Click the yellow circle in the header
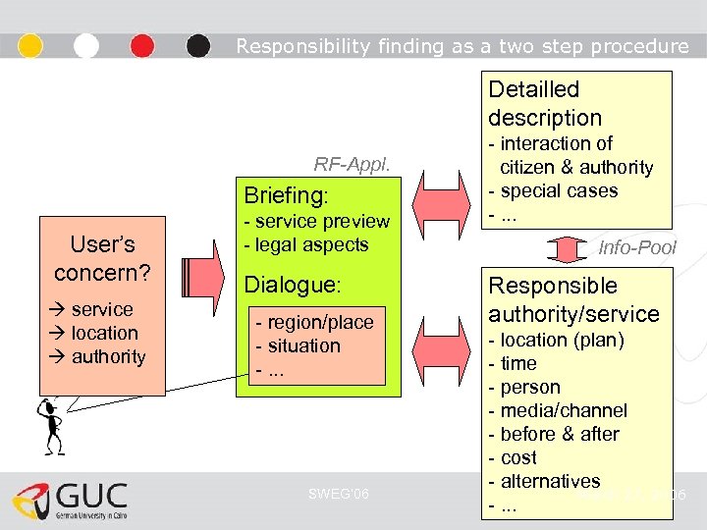tap(31, 45)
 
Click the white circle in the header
tap(86, 45)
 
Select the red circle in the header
tap(142, 45)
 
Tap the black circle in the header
tap(198, 45)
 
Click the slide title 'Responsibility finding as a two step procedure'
tap(462, 46)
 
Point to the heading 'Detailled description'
tap(545, 103)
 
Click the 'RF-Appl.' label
tap(352, 164)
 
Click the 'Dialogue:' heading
tap(292, 285)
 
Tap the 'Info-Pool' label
tap(637, 248)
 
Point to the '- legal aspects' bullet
tap(305, 244)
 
